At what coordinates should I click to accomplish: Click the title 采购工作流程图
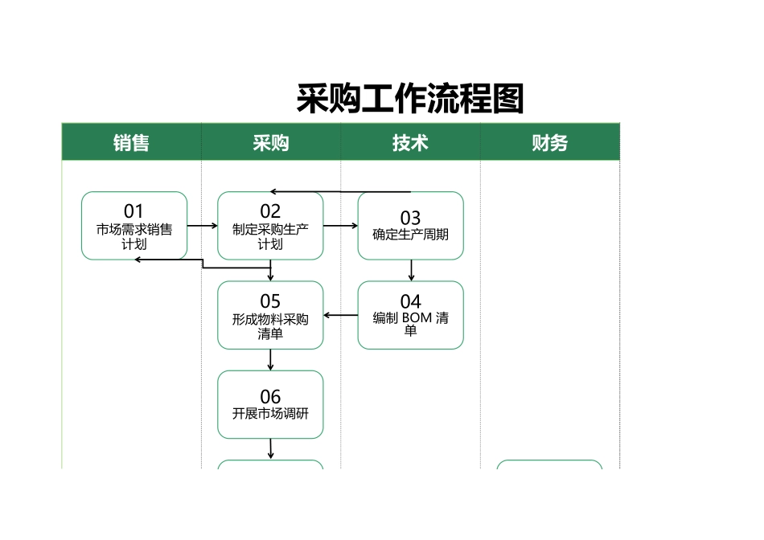pos(410,99)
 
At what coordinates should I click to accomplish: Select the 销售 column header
pos(131,143)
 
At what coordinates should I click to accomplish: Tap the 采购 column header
pos(270,143)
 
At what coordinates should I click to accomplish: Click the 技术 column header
pos(410,143)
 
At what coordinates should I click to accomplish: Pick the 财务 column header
pos(550,143)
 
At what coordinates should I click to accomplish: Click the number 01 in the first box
pos(134,212)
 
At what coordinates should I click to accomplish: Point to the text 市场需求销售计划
pos(134,237)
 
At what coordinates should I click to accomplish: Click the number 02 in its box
pos(270,212)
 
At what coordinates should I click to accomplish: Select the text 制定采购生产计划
pos(270,237)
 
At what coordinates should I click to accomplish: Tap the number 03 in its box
pos(410,218)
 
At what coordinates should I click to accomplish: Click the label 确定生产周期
pos(410,235)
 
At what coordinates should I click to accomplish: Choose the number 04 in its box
pos(410,302)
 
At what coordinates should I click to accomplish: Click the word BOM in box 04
pos(417,318)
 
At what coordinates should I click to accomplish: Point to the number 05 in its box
pos(270,302)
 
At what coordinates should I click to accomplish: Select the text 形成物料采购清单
pos(270,326)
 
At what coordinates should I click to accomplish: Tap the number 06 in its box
pos(270,397)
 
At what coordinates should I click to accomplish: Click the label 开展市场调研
pos(270,414)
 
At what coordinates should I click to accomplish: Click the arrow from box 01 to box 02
pos(203,226)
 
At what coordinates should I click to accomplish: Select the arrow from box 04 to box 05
pos(341,315)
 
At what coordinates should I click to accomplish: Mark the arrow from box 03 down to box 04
pos(411,271)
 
